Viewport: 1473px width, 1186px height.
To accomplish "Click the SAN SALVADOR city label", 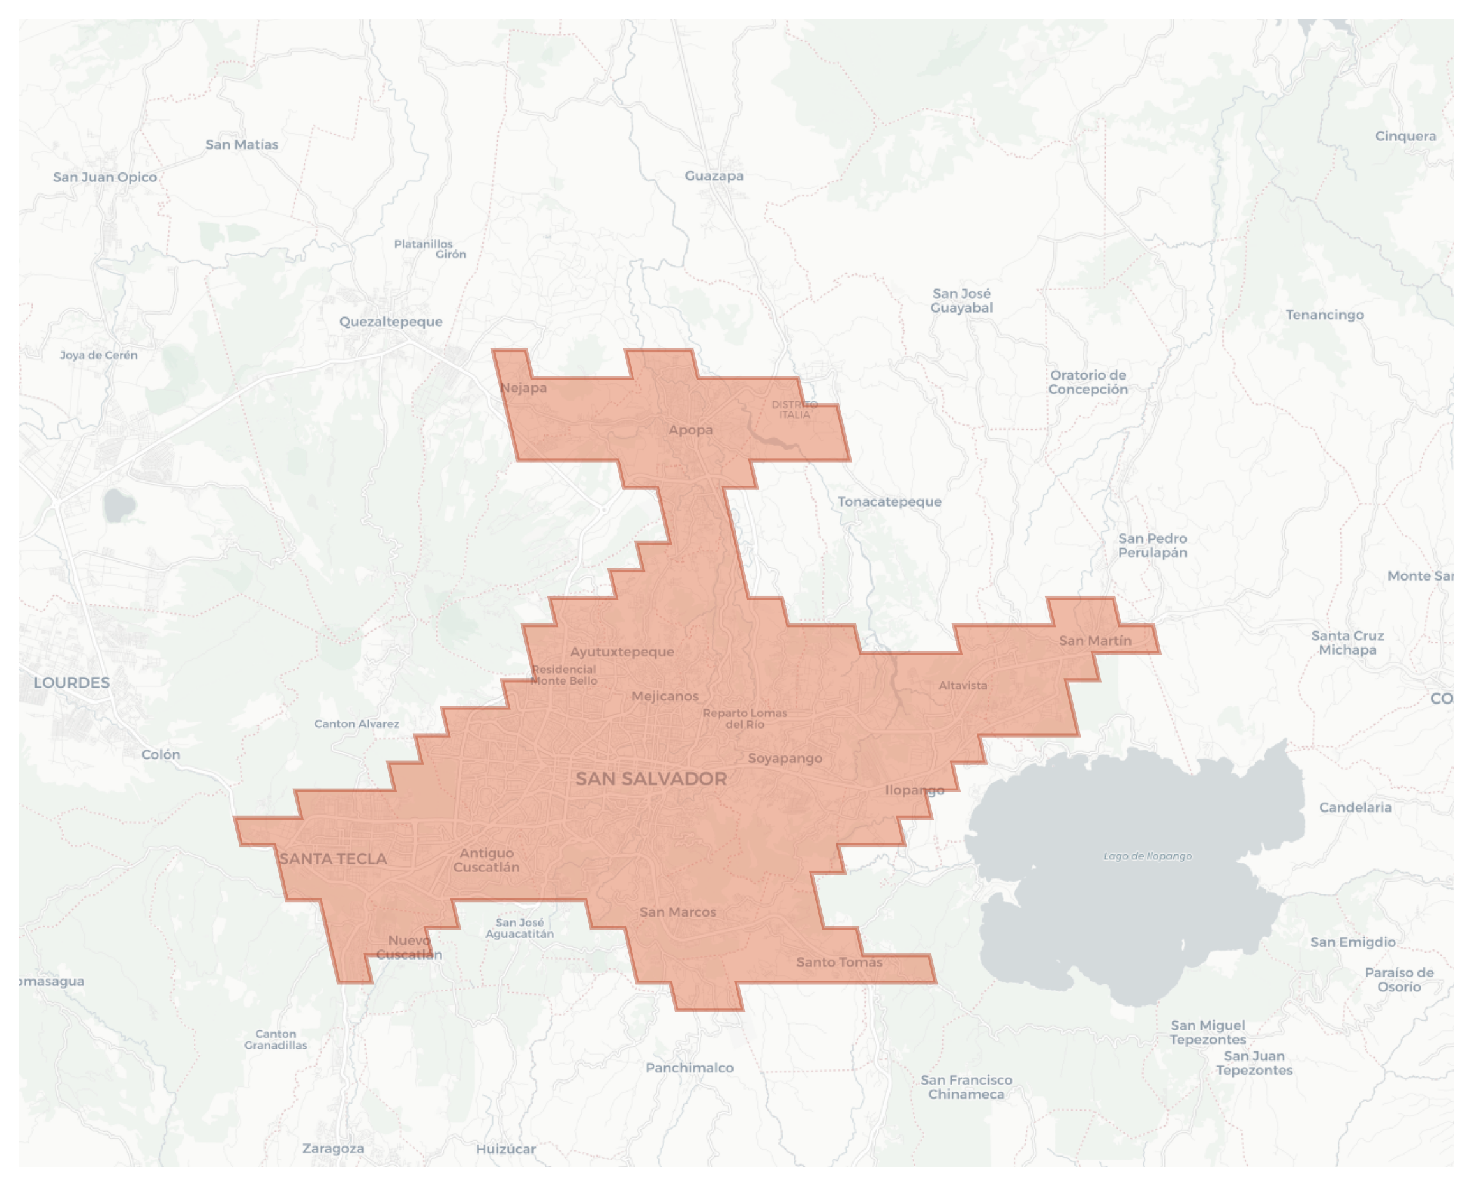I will click(x=651, y=779).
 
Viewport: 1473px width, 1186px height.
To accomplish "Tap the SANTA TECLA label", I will click(x=333, y=859).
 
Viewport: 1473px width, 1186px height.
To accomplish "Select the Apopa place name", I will click(x=690, y=430).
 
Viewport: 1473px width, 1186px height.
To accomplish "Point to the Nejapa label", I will click(x=523, y=388).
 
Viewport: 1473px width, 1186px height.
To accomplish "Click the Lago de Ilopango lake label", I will click(x=1147, y=856).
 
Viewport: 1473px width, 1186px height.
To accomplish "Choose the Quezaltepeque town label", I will click(x=391, y=322).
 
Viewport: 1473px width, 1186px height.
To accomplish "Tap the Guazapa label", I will click(x=714, y=175).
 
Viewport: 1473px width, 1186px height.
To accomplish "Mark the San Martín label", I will click(x=1095, y=641).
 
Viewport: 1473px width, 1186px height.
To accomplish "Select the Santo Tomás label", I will click(x=839, y=962).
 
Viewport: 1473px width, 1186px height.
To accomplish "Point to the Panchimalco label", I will click(x=690, y=1068).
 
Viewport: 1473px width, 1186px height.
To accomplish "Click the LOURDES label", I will click(x=71, y=683).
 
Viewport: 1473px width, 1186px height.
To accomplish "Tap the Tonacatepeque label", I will click(x=889, y=501).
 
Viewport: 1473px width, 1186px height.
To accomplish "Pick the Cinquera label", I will click(x=1405, y=136).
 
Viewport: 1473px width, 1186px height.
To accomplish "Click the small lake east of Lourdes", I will click(x=119, y=505).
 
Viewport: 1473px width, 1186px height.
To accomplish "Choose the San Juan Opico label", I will click(x=105, y=177).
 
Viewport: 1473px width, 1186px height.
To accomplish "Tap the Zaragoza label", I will click(x=333, y=1148).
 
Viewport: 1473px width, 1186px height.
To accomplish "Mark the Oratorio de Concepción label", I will click(x=1088, y=382).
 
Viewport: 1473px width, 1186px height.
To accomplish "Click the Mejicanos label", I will click(x=665, y=696).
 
